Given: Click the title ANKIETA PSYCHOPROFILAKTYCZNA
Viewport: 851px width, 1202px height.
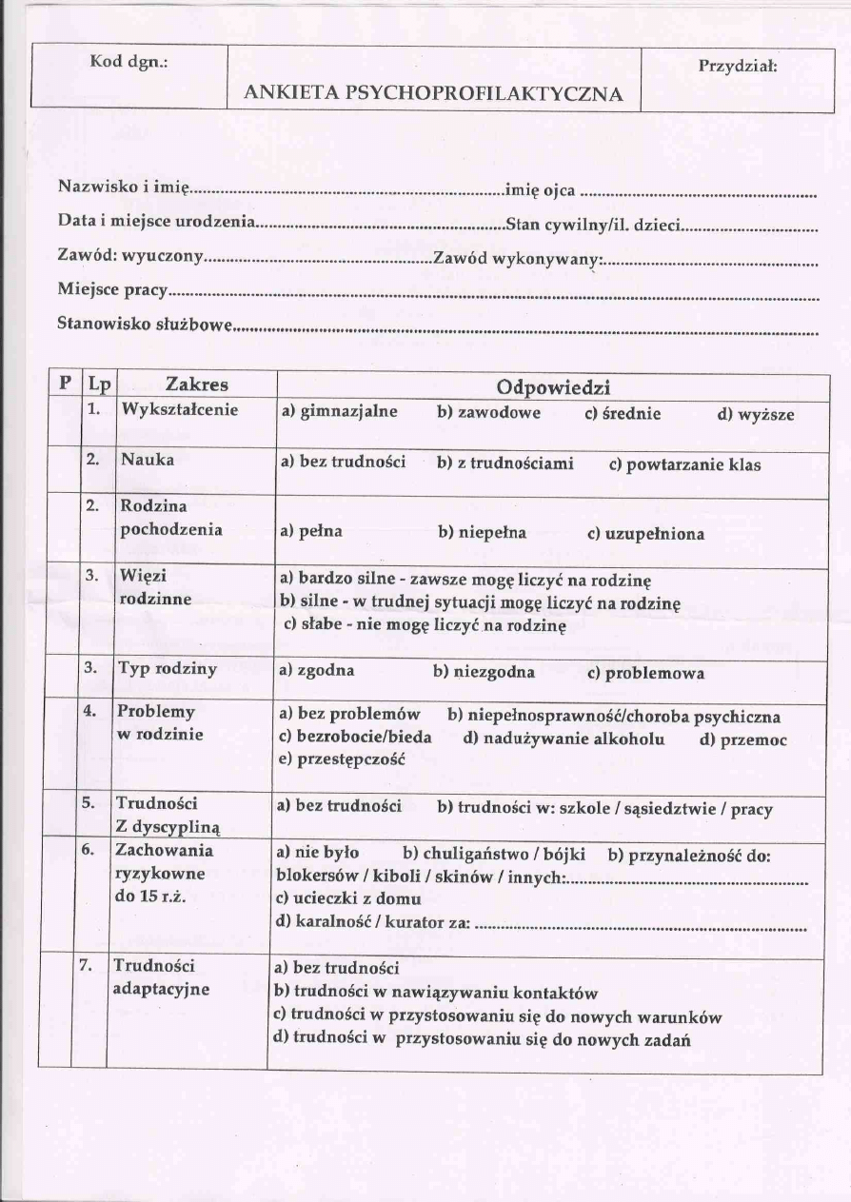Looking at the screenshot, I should (x=434, y=93).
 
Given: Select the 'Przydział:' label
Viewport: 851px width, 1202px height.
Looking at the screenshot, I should (x=738, y=67).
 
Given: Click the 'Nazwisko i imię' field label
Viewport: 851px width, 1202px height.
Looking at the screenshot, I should (x=125, y=186).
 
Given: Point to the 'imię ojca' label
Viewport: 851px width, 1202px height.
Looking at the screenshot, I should (x=540, y=190).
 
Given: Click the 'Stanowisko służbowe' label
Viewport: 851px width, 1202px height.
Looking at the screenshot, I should (x=145, y=324).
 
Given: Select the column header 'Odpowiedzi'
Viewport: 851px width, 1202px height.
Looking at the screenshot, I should (x=553, y=387).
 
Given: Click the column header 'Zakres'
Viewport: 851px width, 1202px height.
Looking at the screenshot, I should (x=196, y=384).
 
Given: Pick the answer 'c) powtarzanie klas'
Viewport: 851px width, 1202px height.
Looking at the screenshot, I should (x=684, y=465).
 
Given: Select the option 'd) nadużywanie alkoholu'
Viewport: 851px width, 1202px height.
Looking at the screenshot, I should (x=564, y=739).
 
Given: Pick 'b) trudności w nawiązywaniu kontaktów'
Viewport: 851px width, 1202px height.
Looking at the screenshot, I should (x=435, y=993).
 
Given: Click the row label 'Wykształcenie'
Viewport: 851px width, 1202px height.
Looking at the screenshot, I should (x=179, y=410).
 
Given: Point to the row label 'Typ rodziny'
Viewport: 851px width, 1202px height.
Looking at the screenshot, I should (x=167, y=668).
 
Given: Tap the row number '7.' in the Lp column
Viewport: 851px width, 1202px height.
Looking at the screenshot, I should (x=86, y=965).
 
